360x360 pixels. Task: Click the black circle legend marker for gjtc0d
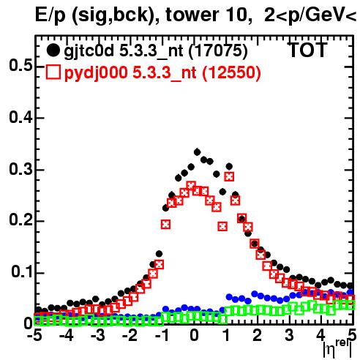(x=53, y=50)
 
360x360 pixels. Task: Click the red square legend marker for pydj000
(x=53, y=72)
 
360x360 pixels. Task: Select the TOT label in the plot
(x=308, y=50)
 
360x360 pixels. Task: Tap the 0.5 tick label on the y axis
(x=21, y=66)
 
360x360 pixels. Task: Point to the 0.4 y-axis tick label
(x=21, y=118)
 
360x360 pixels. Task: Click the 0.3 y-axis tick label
(x=21, y=170)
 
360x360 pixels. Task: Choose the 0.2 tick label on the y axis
(x=21, y=220)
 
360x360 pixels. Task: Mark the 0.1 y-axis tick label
(x=22, y=272)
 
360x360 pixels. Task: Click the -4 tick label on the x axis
(x=67, y=336)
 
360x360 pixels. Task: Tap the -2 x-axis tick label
(x=130, y=336)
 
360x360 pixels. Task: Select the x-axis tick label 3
(x=289, y=336)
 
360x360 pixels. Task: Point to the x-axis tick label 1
(x=226, y=336)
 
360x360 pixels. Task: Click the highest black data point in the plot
(x=197, y=152)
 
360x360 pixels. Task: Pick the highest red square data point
(x=229, y=176)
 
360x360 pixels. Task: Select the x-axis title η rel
(x=337, y=349)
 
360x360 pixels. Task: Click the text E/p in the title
(x=50, y=15)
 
